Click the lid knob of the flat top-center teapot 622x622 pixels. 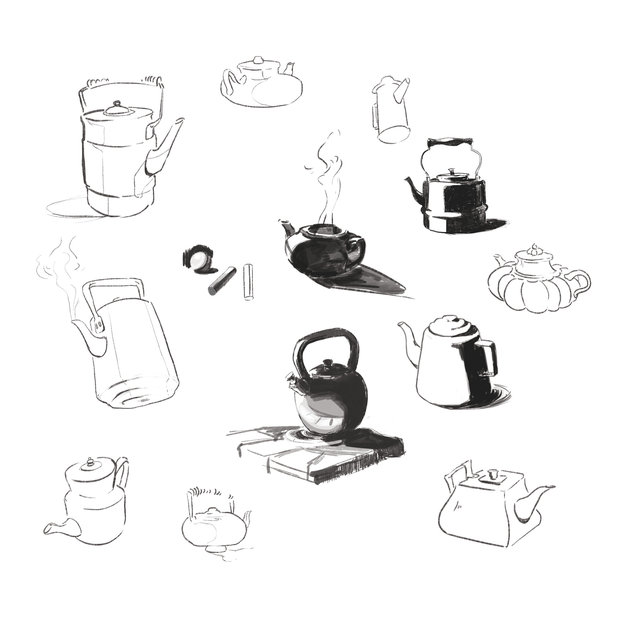click(258, 60)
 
